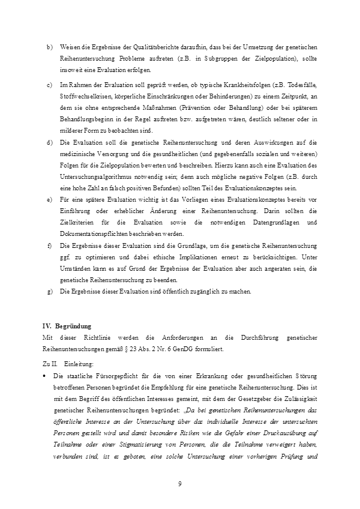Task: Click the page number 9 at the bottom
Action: (180, 484)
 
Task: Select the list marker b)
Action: (49, 47)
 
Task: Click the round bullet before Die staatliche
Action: (45, 376)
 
